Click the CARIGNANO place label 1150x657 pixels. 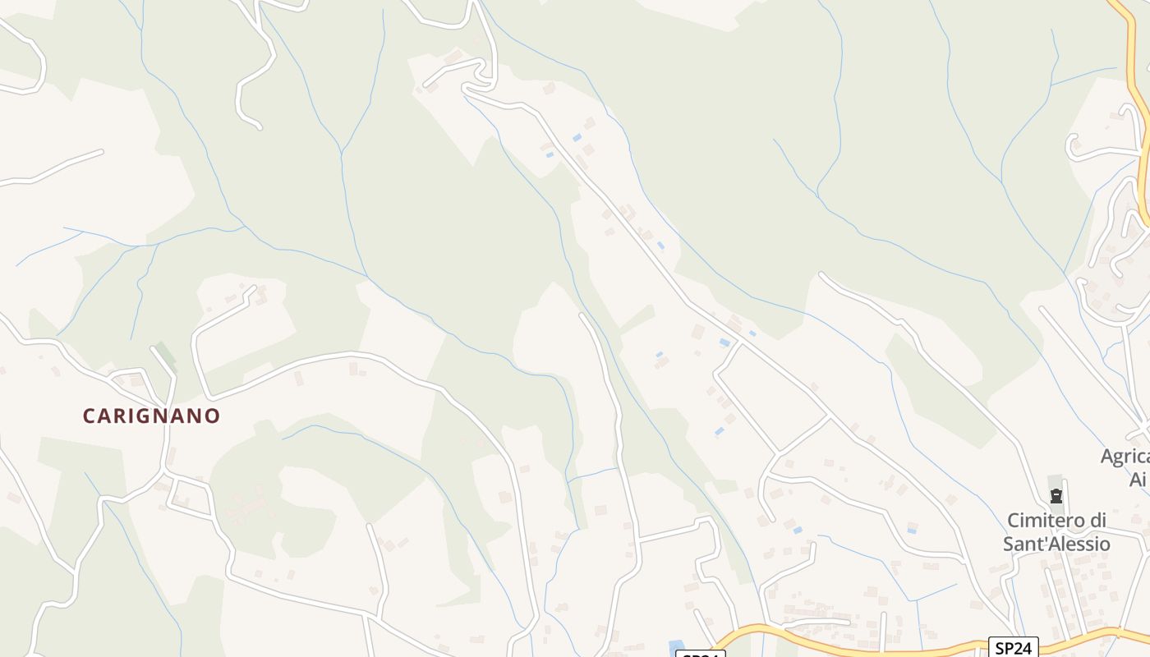[x=151, y=416]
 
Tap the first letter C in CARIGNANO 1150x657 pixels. [x=89, y=416]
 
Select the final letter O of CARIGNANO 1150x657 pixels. [x=214, y=416]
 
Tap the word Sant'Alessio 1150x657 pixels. [x=1056, y=544]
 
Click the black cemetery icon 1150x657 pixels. [x=1056, y=496]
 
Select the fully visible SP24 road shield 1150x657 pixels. [x=1013, y=648]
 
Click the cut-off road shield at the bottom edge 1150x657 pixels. [x=700, y=654]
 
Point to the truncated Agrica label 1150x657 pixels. [x=1125, y=457]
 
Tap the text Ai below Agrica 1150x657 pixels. [x=1138, y=480]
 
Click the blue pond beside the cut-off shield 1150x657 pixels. [x=677, y=648]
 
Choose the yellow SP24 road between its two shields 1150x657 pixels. [x=862, y=646]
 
